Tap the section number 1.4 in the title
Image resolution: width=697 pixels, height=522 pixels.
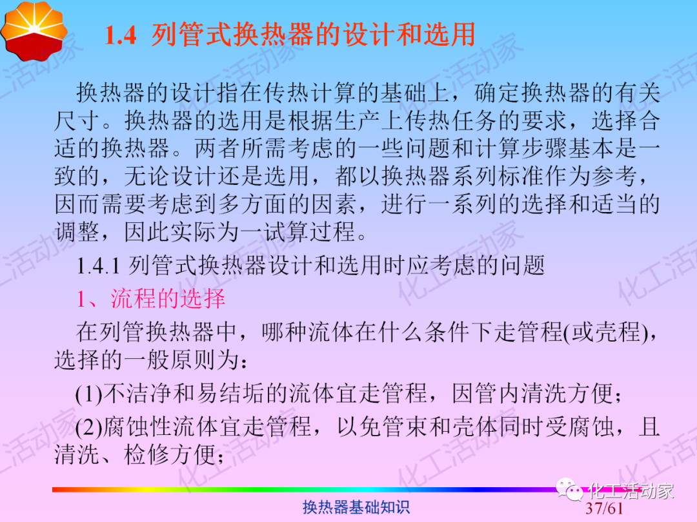[x=120, y=35]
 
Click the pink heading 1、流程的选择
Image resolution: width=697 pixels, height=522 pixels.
[x=150, y=299]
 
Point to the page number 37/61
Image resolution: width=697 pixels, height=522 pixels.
[x=605, y=509]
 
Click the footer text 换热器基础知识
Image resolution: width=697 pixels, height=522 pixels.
[x=356, y=508]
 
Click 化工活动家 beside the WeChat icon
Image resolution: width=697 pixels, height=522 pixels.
[x=632, y=492]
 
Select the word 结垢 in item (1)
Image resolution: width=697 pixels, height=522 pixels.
[x=263, y=394]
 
